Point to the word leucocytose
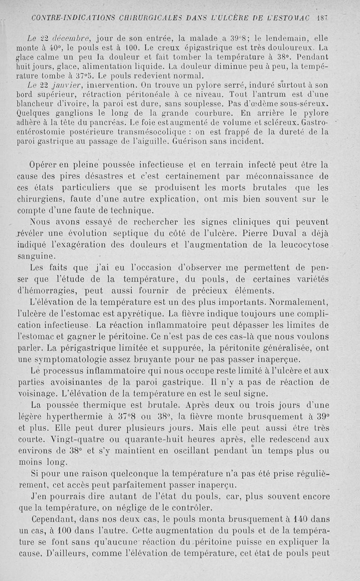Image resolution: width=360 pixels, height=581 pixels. (301, 245)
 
